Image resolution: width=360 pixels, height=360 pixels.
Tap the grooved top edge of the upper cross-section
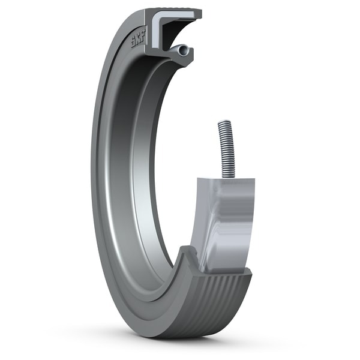(174, 11)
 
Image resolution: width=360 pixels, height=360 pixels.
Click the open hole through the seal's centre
(180, 150)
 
